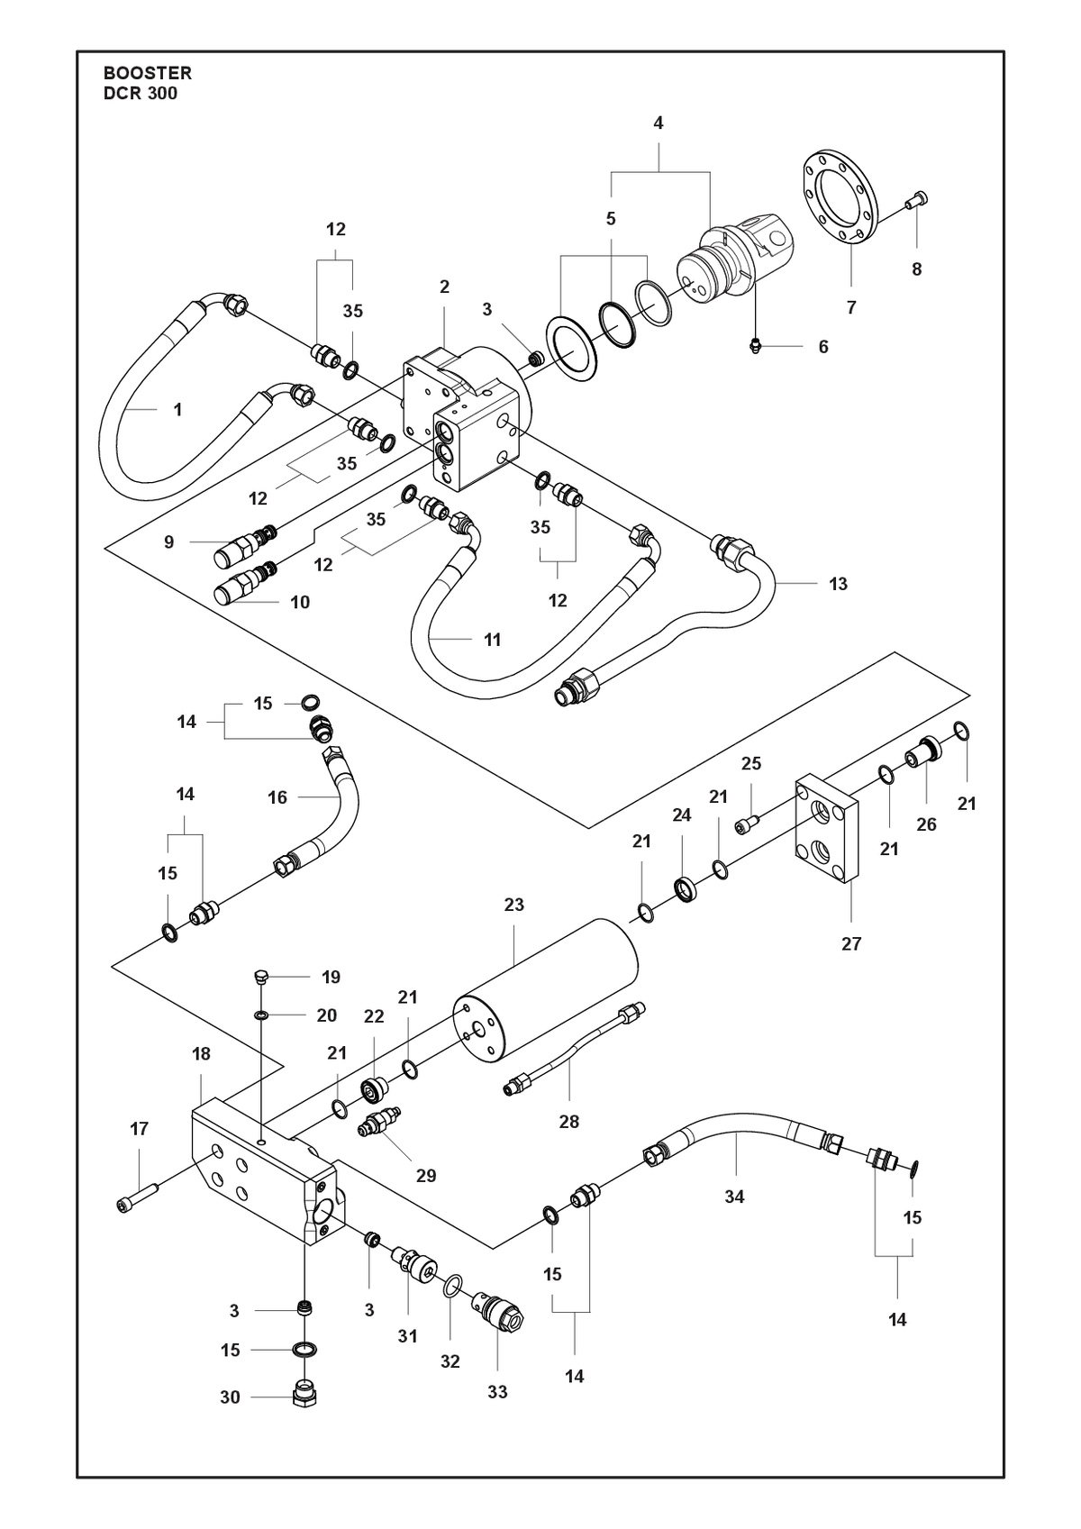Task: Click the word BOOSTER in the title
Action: click(148, 73)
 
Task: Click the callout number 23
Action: click(513, 905)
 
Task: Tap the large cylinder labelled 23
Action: click(546, 990)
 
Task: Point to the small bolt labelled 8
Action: click(915, 200)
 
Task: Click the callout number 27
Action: click(851, 943)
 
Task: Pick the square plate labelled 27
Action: click(826, 828)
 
